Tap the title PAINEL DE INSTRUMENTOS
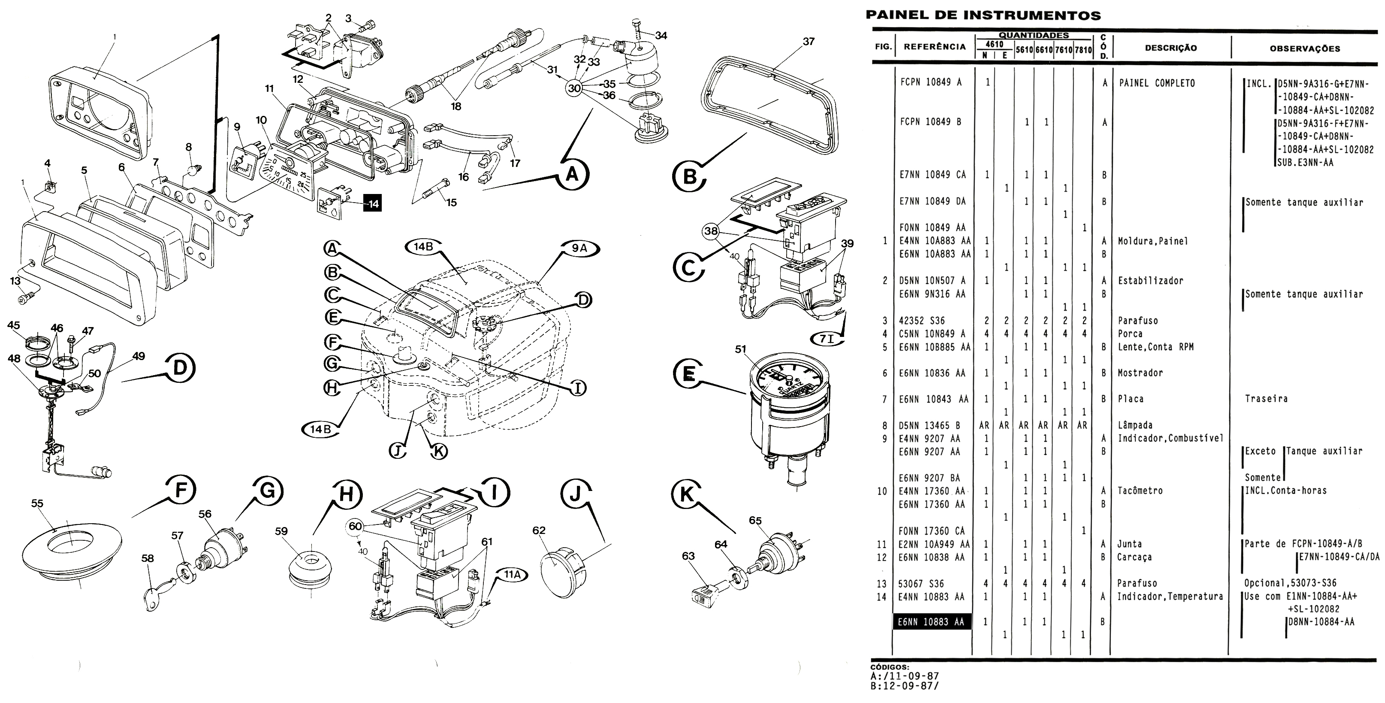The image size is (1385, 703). pyautogui.click(x=983, y=15)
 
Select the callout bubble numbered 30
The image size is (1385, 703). pyautogui.click(x=574, y=88)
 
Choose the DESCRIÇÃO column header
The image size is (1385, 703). pyautogui.click(x=1171, y=48)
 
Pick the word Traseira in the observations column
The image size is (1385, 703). pyautogui.click(x=1266, y=399)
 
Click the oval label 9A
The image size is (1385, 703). pyautogui.click(x=579, y=248)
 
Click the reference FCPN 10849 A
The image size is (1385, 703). pyautogui.click(x=932, y=83)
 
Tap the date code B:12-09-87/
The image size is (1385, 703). pyautogui.click(x=904, y=686)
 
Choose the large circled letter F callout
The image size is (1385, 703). pyautogui.click(x=180, y=491)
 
